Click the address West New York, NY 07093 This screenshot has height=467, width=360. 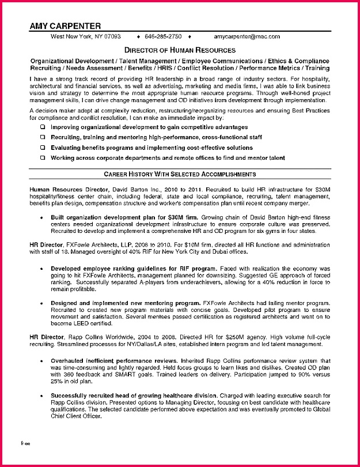tap(86, 36)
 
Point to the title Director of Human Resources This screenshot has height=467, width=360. tap(180, 51)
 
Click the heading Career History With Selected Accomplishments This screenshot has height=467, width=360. tap(180, 174)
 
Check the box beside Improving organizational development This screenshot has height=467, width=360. tap(43, 127)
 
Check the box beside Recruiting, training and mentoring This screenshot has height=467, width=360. tap(43, 137)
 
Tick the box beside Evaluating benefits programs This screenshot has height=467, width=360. tap(43, 148)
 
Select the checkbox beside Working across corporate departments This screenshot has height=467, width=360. tap(43, 158)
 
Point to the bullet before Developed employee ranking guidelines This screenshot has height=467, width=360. tap(43, 269)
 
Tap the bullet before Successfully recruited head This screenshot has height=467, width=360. tap(43, 396)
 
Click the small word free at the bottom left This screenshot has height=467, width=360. tap(25, 444)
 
